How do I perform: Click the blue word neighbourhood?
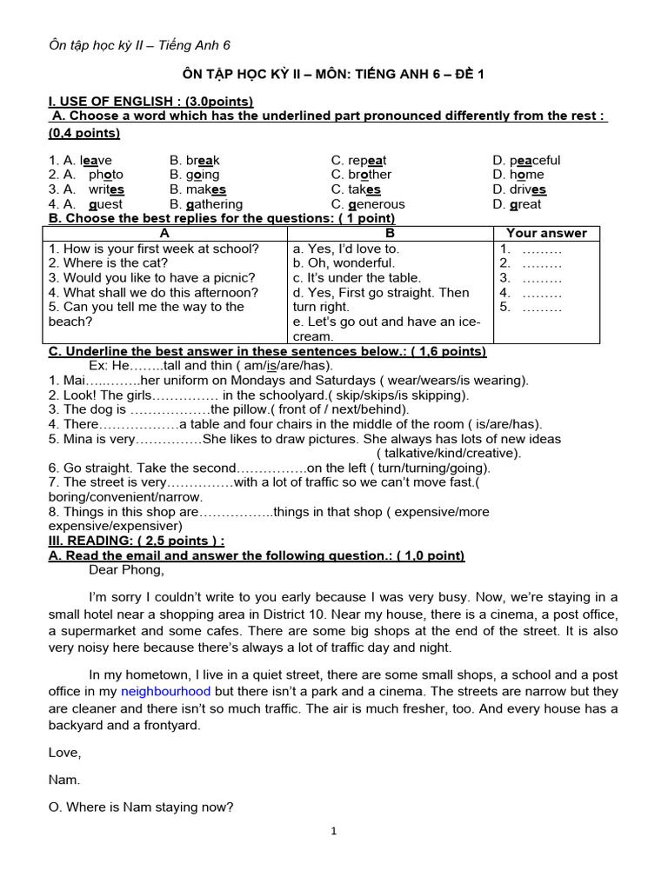coord(165,691)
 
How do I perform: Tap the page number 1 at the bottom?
coord(334,832)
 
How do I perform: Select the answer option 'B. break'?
coord(195,160)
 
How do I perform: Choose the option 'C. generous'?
coord(367,204)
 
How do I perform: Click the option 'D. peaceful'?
coord(526,160)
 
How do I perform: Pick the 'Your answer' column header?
coord(546,233)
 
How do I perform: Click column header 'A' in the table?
coord(165,233)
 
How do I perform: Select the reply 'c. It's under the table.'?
coord(357,277)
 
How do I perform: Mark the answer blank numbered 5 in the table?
coord(531,307)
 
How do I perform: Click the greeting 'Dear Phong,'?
coord(126,570)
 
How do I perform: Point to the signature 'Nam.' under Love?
coord(64,780)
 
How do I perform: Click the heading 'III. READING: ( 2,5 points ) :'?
coord(137,541)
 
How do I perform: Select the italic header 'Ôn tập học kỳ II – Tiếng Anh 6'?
coord(139,45)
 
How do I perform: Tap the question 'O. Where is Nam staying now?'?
coord(141,807)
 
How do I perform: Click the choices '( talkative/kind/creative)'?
coord(449,453)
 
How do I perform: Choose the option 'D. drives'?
coord(519,189)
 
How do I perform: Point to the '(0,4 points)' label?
coord(84,133)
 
